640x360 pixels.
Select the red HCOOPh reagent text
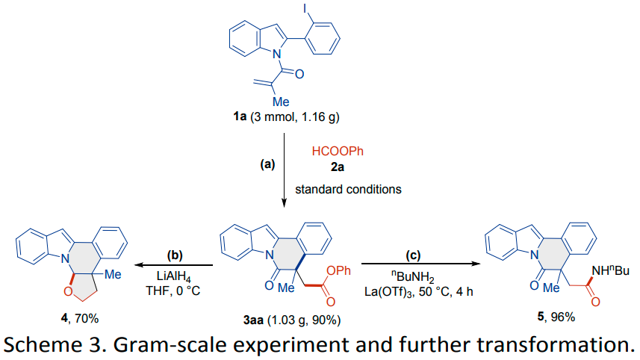point(336,152)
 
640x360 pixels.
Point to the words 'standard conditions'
point(348,189)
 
